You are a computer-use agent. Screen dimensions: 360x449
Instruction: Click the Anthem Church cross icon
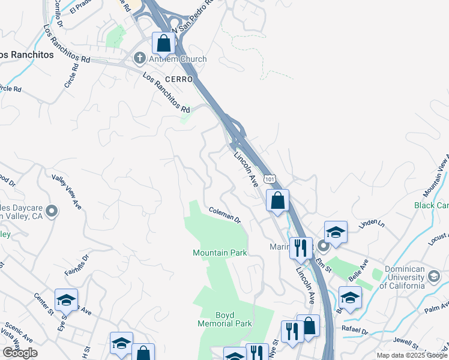point(139,59)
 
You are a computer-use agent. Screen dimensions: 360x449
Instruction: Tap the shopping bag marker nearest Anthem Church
point(163,43)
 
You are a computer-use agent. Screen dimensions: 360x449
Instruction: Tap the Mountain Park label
point(220,253)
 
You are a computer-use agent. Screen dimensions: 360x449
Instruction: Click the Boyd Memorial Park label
point(225,319)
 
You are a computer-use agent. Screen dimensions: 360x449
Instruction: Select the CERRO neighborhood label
point(179,79)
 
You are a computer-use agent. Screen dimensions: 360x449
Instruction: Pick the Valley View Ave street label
point(66,191)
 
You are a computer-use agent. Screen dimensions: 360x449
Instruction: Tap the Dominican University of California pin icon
point(434,276)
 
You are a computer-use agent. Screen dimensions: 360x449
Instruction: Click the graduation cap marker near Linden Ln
point(336,232)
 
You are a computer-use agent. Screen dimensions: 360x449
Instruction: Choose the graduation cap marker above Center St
point(66,299)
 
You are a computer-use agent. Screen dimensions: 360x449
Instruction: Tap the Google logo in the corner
point(19,353)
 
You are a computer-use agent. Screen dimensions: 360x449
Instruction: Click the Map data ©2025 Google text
point(412,355)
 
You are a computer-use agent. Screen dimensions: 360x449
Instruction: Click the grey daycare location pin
point(52,211)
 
